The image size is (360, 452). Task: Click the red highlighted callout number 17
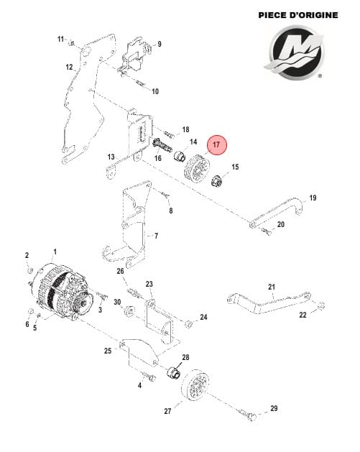[x=216, y=145]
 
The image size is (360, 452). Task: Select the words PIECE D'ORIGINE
[x=298, y=14]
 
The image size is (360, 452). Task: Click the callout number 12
[x=70, y=67]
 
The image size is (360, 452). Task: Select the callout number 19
[x=313, y=198]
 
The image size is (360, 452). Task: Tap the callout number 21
[x=272, y=287]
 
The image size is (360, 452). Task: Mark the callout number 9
[x=159, y=44]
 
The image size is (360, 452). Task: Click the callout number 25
[x=108, y=351]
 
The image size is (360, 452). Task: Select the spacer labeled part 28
[x=172, y=374]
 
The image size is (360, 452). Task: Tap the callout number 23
[x=149, y=285]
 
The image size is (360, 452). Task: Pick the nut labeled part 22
[x=320, y=305]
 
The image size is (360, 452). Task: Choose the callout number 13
[x=111, y=157]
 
